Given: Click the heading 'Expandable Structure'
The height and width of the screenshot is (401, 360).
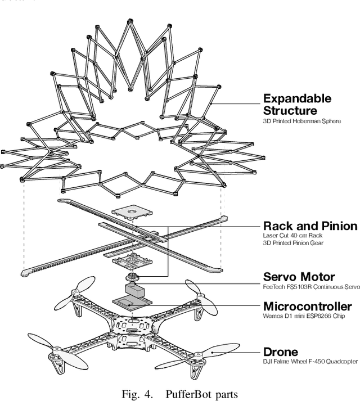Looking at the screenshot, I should pyautogui.click(x=297, y=105).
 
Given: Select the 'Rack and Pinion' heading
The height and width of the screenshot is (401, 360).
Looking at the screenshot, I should pyautogui.click(x=310, y=226).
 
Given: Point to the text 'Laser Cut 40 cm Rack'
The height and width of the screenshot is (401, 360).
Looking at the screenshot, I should pyautogui.click(x=290, y=236).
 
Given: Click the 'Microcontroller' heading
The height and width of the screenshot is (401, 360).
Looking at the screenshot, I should pyautogui.click(x=307, y=307).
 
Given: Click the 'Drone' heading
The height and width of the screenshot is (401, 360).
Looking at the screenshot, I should pyautogui.click(x=281, y=353).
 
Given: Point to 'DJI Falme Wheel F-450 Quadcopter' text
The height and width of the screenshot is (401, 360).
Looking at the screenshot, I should pyautogui.click(x=310, y=362).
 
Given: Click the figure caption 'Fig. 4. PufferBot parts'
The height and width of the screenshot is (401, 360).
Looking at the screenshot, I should pyautogui.click(x=180, y=393).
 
